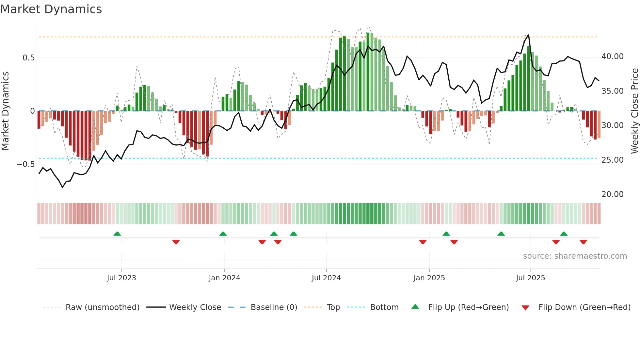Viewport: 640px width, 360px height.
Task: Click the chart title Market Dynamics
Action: point(51,9)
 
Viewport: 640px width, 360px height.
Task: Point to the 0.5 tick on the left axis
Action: point(28,58)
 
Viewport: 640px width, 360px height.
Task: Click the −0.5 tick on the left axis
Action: point(26,164)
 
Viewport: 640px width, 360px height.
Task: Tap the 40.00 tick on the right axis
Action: point(612,57)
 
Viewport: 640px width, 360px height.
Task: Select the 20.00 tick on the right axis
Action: point(612,194)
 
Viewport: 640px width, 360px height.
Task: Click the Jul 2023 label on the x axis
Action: point(121,278)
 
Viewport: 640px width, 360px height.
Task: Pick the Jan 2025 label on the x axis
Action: point(429,278)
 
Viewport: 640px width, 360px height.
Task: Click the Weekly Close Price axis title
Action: point(634,111)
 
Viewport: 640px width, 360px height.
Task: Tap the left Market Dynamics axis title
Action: point(5,111)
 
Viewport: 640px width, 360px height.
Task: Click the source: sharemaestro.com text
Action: point(575,256)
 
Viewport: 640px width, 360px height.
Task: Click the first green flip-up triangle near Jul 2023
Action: point(117,234)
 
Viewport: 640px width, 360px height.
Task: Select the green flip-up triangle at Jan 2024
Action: point(223,234)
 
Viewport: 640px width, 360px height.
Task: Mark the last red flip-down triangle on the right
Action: point(584,242)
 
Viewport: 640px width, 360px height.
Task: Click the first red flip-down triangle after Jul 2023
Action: point(176,242)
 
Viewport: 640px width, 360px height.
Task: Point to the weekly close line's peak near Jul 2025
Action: point(528,35)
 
